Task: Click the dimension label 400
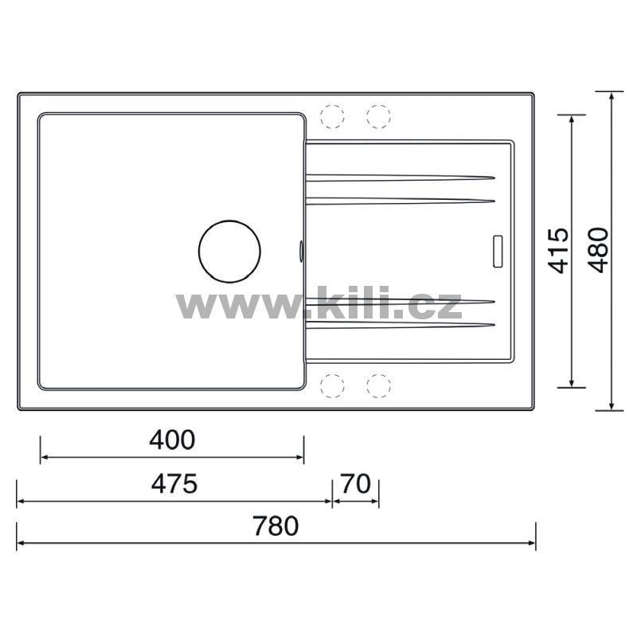(172, 440)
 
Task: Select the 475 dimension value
(174, 483)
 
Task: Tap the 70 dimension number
(356, 483)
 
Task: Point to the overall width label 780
(276, 526)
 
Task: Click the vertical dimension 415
(558, 251)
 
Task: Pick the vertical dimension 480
(599, 250)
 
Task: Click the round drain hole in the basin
(229, 252)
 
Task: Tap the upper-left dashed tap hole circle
(332, 116)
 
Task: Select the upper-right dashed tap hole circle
(378, 116)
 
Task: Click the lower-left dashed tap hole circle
(332, 385)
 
